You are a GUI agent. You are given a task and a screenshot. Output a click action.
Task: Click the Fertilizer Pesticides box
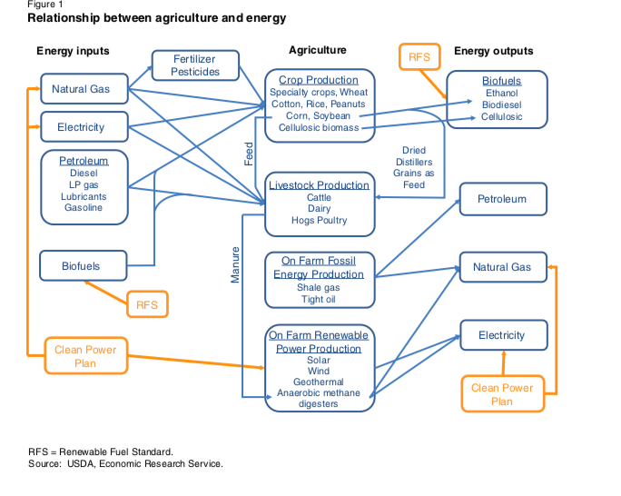point(195,65)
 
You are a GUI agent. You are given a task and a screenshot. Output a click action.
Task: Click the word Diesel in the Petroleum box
point(84,173)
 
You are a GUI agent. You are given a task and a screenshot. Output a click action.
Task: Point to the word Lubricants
point(84,196)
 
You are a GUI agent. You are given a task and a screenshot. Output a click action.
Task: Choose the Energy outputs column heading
point(493,51)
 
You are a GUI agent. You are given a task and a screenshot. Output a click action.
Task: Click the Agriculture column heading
point(317,50)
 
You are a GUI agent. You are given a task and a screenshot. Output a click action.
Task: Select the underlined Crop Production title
point(319,80)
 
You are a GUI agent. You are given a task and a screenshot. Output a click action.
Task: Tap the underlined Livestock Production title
point(319,185)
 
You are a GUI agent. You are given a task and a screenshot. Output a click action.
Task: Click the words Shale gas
point(318,288)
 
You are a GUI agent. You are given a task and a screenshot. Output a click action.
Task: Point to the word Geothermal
point(318,382)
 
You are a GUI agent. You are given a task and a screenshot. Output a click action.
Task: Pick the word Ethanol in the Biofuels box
point(501,93)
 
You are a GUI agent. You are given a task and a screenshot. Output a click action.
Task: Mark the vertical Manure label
point(235,264)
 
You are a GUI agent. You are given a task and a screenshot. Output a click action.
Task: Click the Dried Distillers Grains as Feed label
point(413,167)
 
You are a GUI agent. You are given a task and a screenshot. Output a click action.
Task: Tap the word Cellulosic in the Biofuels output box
point(501,117)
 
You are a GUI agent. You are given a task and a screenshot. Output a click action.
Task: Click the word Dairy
point(319,209)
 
